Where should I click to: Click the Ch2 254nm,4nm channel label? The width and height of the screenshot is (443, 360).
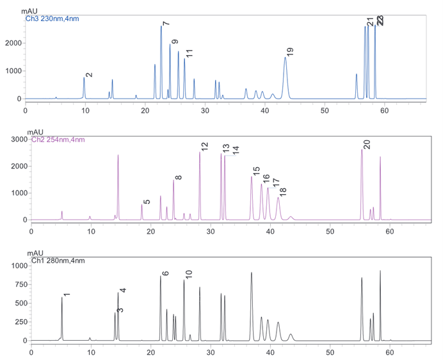click(x=58, y=139)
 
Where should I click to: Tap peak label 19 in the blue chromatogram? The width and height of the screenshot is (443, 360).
click(x=290, y=52)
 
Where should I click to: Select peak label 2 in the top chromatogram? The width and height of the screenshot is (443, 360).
click(x=89, y=74)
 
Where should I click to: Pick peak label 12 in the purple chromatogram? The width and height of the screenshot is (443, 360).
click(x=204, y=147)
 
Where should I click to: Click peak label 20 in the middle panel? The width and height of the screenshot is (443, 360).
click(x=366, y=144)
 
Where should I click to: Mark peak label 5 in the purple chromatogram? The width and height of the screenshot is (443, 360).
click(x=147, y=201)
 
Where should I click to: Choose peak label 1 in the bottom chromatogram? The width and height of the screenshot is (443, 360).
click(x=67, y=294)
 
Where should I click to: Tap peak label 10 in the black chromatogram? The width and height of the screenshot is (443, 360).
click(x=189, y=274)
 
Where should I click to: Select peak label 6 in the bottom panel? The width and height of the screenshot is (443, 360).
click(x=165, y=274)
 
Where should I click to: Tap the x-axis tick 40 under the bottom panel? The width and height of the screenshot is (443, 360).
click(x=270, y=350)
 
